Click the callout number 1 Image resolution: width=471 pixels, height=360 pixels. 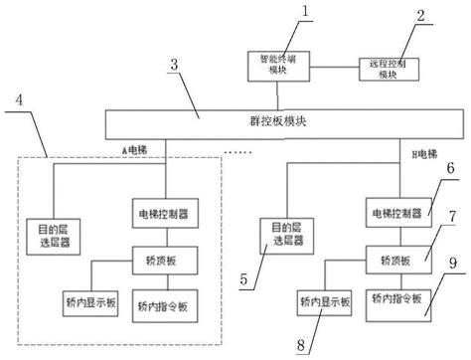coord(306,13)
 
